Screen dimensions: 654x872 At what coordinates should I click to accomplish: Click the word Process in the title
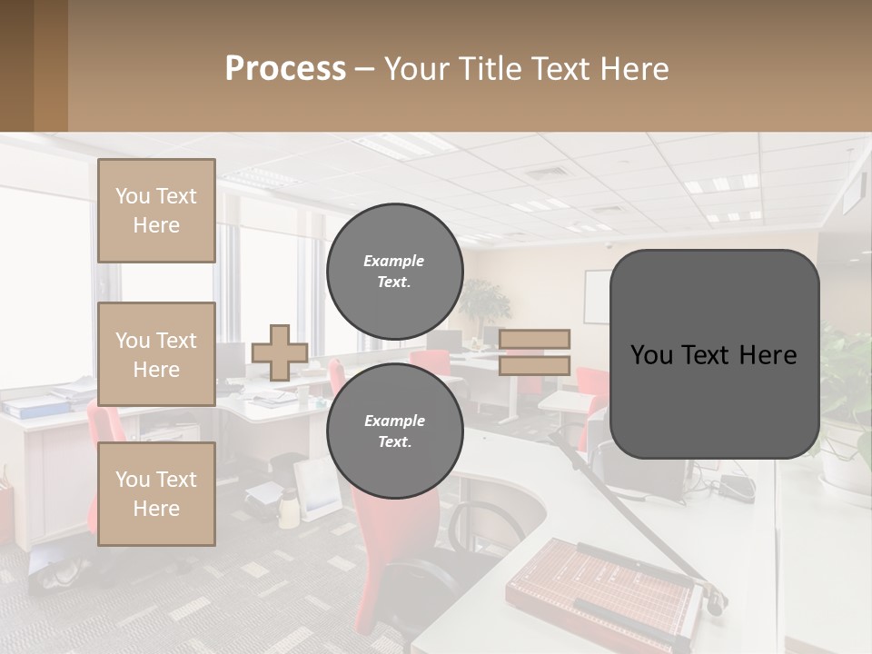[x=285, y=69]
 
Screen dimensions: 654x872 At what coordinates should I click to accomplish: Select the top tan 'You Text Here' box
[x=156, y=211]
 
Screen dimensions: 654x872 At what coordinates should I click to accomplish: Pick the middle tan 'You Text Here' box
[x=156, y=354]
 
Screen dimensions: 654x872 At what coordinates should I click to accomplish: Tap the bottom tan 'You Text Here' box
[x=156, y=493]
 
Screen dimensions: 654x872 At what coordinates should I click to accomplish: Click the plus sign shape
[x=280, y=352]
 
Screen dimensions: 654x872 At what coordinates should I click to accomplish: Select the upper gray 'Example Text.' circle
[x=394, y=271]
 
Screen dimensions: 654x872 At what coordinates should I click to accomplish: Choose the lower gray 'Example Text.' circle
[x=394, y=431]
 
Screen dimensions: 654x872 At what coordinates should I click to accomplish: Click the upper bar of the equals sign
[x=534, y=340]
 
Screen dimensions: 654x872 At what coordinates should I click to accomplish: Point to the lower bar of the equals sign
[x=534, y=365]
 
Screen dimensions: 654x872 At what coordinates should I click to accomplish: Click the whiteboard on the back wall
[x=596, y=296]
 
